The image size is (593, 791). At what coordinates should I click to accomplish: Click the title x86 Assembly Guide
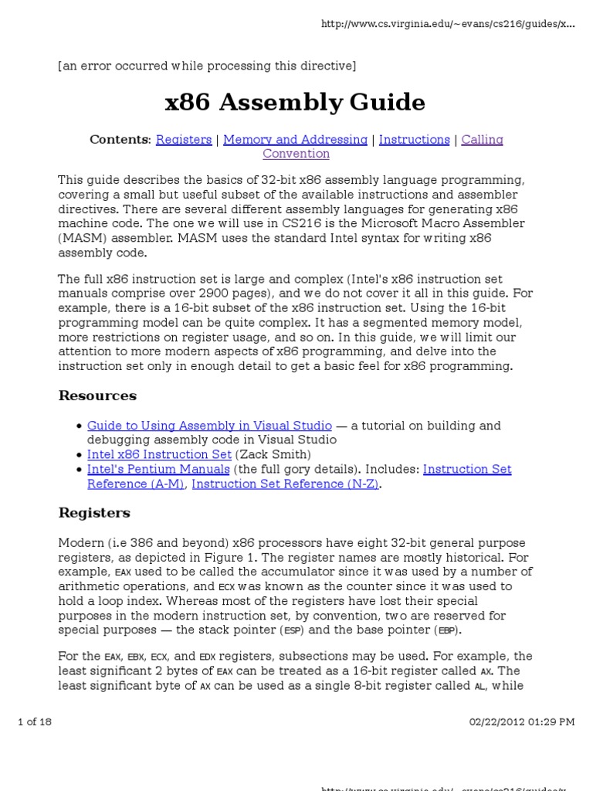click(296, 102)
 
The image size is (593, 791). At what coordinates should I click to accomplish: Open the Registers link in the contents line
click(184, 140)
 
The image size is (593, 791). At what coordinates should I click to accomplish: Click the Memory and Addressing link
click(295, 140)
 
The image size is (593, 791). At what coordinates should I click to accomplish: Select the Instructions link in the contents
click(414, 140)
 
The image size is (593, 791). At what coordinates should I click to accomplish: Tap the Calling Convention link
click(296, 154)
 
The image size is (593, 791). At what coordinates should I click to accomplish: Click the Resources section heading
click(97, 395)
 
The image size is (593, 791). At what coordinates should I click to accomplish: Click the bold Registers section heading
click(94, 513)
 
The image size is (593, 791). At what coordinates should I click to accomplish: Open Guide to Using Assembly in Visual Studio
click(209, 426)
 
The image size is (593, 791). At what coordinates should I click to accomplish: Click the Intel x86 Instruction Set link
click(159, 454)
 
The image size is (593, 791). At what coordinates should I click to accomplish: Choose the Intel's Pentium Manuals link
click(158, 469)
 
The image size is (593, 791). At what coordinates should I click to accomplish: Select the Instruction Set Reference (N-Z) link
click(285, 484)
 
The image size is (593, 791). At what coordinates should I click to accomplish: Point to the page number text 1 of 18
click(35, 721)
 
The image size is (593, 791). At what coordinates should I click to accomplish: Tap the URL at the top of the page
click(448, 24)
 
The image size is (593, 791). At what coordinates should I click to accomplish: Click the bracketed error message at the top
click(207, 66)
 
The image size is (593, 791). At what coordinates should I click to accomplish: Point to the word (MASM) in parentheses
click(81, 238)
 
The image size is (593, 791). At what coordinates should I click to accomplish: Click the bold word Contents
click(119, 140)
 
